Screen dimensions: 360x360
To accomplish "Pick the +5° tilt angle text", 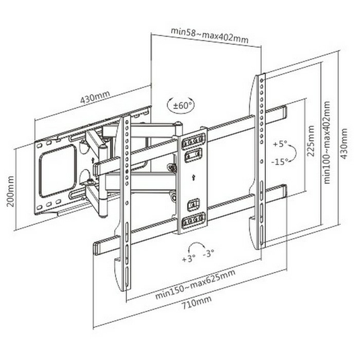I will [281, 144].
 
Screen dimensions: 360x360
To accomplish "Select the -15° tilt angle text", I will [281, 162].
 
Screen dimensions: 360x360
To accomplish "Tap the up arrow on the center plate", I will [192, 179].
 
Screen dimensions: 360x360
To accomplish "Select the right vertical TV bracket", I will [260, 158].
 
